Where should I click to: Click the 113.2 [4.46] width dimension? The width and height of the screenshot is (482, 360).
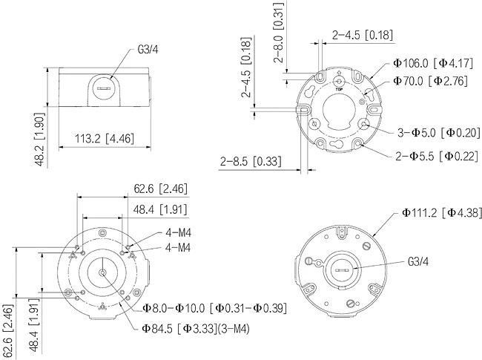(x=105, y=137)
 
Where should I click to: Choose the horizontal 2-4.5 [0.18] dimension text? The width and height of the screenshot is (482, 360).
(x=362, y=35)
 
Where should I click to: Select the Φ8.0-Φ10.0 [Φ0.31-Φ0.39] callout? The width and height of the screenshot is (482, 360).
(x=214, y=307)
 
